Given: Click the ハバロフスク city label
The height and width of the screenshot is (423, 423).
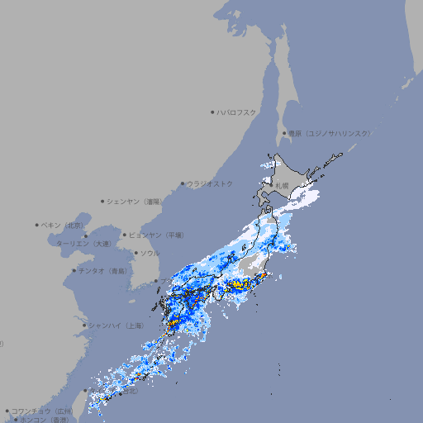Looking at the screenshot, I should (237, 112).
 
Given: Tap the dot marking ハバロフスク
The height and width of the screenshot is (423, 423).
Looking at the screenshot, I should (213, 112).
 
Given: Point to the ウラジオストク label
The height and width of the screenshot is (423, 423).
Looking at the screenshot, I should (211, 183).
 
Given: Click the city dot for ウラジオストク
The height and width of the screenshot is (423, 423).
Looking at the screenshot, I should (183, 184).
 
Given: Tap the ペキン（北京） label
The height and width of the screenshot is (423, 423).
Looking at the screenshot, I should (64, 225).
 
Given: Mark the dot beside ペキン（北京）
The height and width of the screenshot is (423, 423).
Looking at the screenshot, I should (37, 225).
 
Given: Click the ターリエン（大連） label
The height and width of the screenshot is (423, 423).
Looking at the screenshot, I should (83, 244).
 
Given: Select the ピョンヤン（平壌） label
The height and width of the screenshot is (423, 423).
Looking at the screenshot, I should (157, 235).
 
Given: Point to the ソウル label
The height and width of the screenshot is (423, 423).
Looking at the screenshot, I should (150, 253).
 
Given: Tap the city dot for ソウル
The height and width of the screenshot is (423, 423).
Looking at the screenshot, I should (135, 253).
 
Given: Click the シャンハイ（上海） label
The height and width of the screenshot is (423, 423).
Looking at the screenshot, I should (116, 326).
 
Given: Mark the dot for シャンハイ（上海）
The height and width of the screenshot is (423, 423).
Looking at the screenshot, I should (84, 326).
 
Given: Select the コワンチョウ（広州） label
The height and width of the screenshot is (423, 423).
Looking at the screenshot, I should (42, 411).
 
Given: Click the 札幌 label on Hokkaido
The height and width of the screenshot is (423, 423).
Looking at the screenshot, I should (282, 185).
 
